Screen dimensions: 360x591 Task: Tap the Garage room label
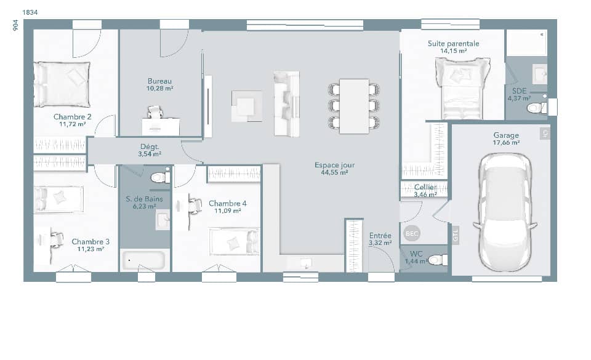(505, 135)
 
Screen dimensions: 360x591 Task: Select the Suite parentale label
(453, 44)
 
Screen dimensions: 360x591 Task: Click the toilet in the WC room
(438, 260)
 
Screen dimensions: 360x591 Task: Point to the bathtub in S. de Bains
(143, 260)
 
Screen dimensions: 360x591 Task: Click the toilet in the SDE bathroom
(536, 108)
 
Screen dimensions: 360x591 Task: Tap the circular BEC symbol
(411, 234)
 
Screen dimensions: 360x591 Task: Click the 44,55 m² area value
(334, 173)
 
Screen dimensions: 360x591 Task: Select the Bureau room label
(159, 81)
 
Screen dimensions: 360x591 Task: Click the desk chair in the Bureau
(155, 111)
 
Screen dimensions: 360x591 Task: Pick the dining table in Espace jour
(354, 106)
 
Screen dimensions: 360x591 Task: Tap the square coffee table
(247, 105)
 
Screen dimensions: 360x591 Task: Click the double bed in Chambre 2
(62, 84)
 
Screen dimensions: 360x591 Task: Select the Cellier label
(425, 187)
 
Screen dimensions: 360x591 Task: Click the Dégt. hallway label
(149, 146)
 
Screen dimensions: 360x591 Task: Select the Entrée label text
(380, 236)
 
